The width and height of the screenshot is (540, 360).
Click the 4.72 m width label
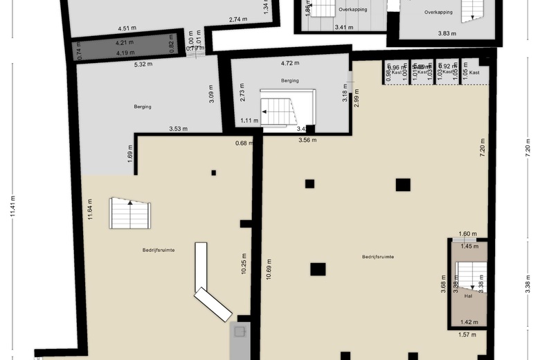click(x=290, y=64)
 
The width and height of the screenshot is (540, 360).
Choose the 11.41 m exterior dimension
click(x=12, y=205)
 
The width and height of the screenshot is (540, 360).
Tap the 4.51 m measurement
click(x=126, y=28)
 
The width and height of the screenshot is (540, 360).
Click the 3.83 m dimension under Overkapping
click(x=448, y=33)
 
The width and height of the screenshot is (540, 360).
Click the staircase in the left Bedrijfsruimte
click(x=129, y=213)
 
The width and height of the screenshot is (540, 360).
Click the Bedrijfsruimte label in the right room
click(x=378, y=257)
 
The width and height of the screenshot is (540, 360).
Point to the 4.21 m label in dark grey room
click(x=125, y=43)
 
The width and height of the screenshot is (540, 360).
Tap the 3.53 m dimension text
click(x=179, y=129)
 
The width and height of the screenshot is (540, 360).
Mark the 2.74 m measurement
click(x=239, y=19)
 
